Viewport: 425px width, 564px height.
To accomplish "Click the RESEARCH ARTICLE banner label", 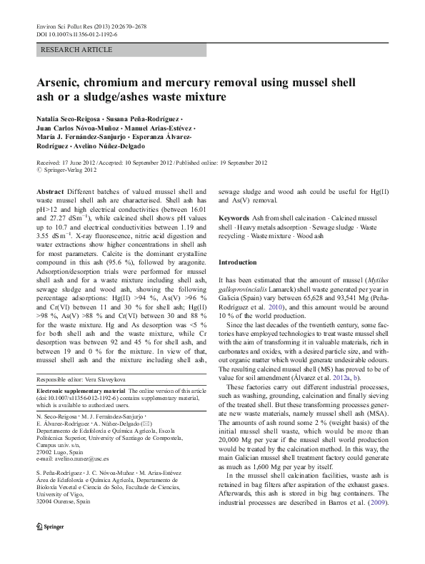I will click(77, 49).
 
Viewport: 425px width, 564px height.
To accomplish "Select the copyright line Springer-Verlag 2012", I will click(69, 170).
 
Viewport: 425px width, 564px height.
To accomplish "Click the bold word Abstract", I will click(49, 193).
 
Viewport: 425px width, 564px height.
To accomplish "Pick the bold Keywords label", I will click(234, 217).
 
